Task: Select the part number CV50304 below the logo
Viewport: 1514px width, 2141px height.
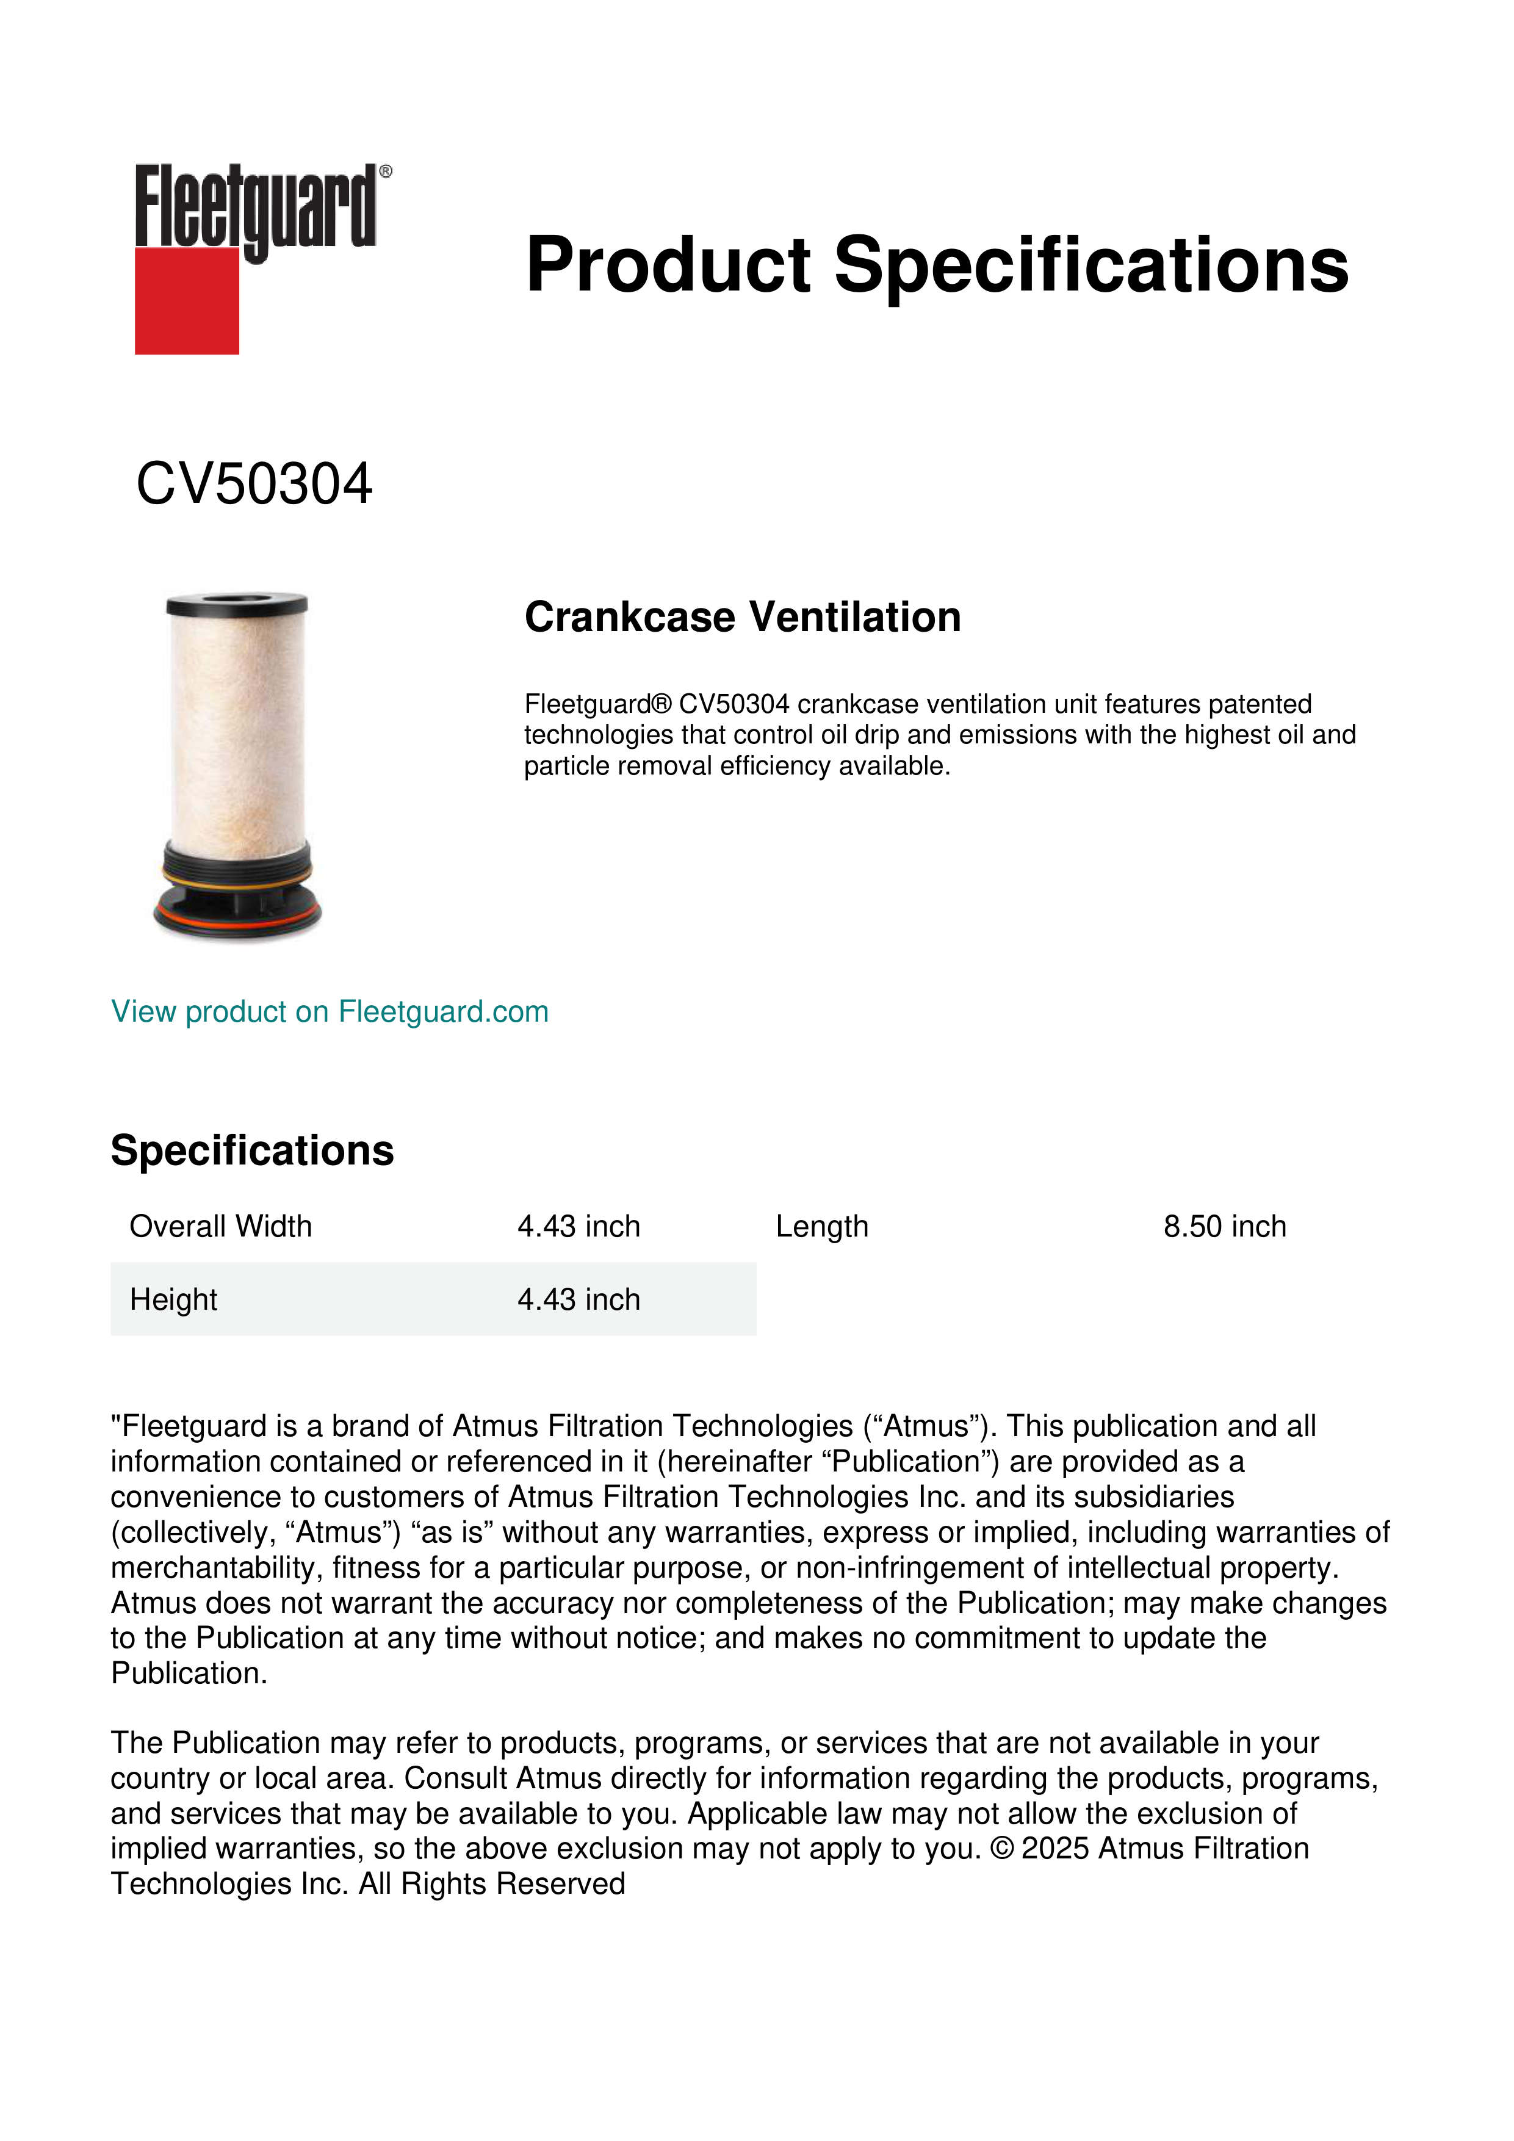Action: pyautogui.click(x=254, y=485)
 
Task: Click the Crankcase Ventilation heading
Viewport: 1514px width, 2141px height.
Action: pyautogui.click(x=742, y=617)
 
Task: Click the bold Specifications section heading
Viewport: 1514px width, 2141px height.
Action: pyautogui.click(x=251, y=1150)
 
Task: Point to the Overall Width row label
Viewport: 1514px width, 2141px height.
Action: pyautogui.click(x=220, y=1226)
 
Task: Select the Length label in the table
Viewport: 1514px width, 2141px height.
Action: pyautogui.click(x=821, y=1226)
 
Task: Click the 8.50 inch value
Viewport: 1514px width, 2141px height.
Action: pyautogui.click(x=1224, y=1226)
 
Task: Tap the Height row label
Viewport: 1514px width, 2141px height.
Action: pyautogui.click(x=173, y=1299)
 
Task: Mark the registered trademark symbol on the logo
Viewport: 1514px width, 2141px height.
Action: pyautogui.click(x=386, y=171)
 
